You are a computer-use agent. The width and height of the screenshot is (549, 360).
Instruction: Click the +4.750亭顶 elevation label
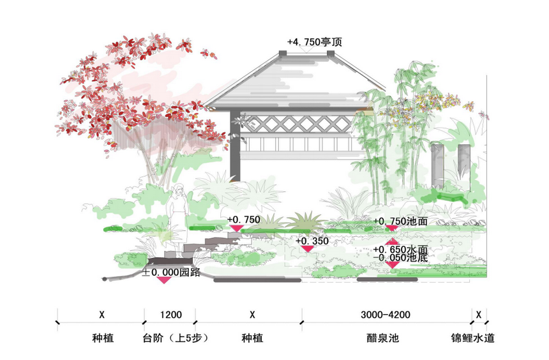point(315,42)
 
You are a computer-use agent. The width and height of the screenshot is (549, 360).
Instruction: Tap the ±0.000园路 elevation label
point(167,271)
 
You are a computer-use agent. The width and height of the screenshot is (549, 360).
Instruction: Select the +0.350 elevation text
point(312,241)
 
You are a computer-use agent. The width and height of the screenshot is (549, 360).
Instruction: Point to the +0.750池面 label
point(400,221)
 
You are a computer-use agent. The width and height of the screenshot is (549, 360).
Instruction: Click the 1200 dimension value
point(169,315)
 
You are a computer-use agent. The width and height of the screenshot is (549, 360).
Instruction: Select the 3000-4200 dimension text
point(385,315)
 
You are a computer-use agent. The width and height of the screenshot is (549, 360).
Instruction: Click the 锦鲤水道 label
point(472,337)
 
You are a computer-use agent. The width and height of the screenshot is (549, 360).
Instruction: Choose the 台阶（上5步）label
point(172,337)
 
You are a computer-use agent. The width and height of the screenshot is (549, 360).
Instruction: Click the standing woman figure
point(179,207)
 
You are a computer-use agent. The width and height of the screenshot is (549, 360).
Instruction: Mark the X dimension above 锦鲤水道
point(479,315)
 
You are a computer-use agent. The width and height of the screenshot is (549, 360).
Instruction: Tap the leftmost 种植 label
point(102,337)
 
